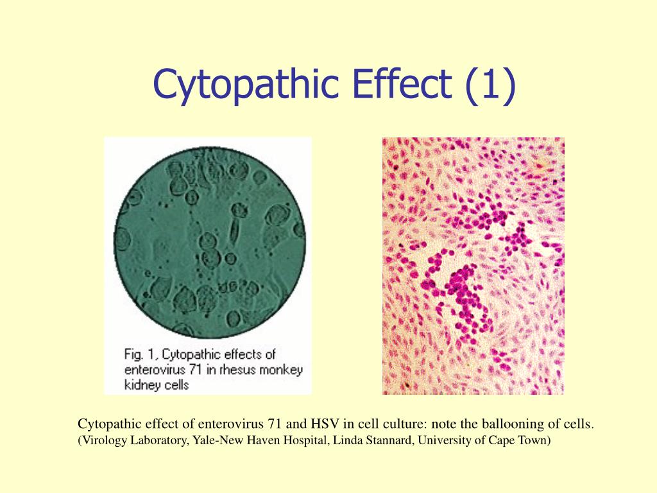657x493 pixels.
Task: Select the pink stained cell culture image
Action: point(474,265)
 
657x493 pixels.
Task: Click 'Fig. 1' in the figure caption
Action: point(139,354)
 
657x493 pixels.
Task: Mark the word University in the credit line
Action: point(447,441)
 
